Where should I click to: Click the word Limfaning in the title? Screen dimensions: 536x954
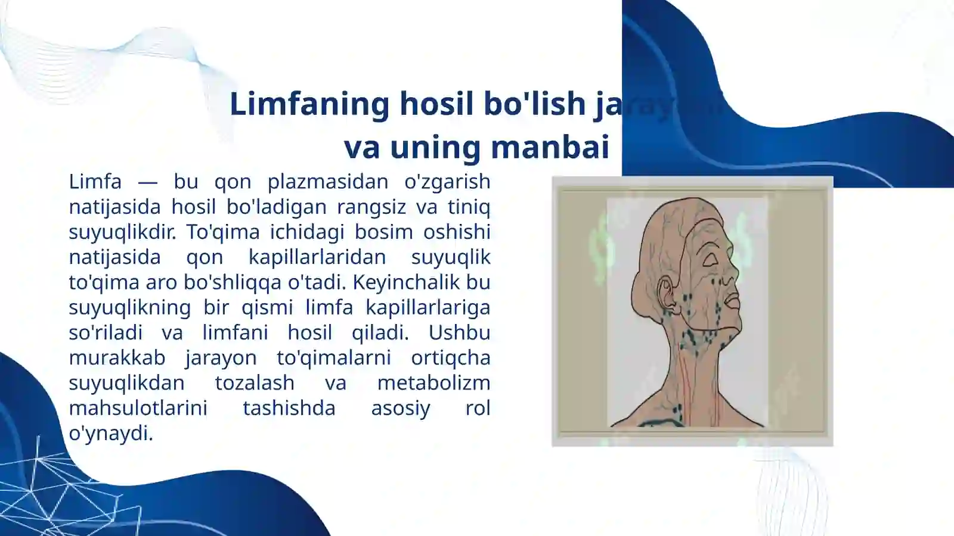click(309, 104)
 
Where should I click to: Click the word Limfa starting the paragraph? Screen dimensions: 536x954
click(95, 181)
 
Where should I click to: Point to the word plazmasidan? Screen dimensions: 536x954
click(327, 181)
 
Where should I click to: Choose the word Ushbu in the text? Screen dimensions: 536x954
click(459, 332)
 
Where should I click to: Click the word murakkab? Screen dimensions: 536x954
click(117, 357)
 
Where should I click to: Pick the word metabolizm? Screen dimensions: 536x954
click(433, 382)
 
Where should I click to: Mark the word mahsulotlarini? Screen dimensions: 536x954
click(138, 408)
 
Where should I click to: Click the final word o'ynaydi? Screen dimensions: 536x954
click(110, 434)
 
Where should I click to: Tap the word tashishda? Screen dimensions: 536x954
click(289, 408)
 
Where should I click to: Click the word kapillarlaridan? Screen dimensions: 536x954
click(317, 257)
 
